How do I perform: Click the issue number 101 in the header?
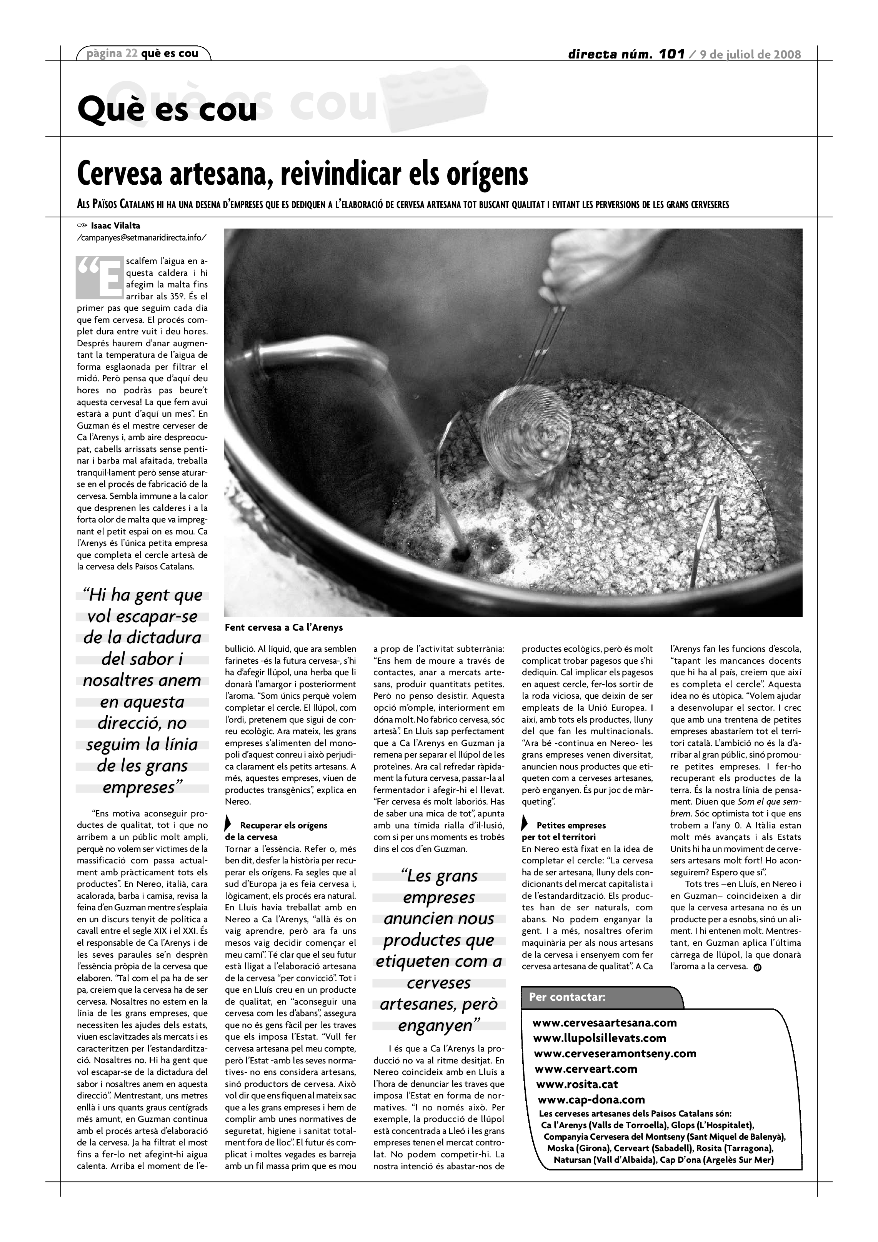click(x=671, y=54)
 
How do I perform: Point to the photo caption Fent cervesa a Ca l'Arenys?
click(x=283, y=628)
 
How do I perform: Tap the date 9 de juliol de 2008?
click(x=750, y=55)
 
